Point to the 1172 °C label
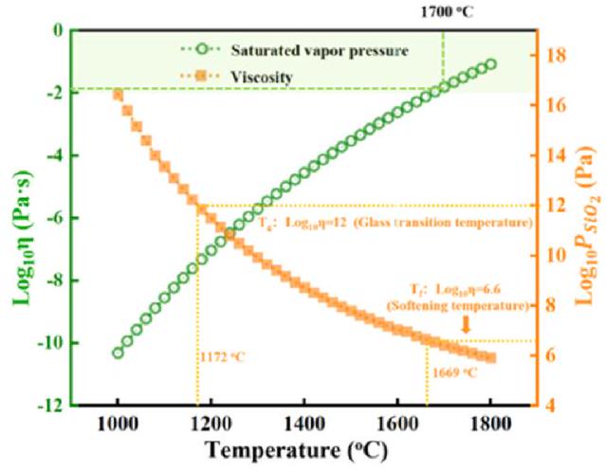tap(224, 359)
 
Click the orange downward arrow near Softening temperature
tap(465, 325)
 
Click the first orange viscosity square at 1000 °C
tap(118, 94)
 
